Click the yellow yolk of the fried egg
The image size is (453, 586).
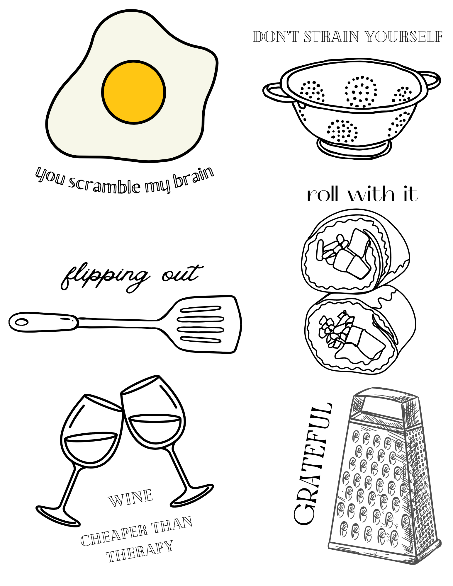pos(134,92)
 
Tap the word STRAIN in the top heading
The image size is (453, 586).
pos(331,37)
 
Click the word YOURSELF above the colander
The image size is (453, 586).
pos(403,37)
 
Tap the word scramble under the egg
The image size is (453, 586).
pos(105,186)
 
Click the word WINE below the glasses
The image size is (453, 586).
pos(130,498)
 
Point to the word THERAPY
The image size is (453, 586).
pos(139,551)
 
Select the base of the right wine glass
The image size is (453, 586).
pos(192,495)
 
